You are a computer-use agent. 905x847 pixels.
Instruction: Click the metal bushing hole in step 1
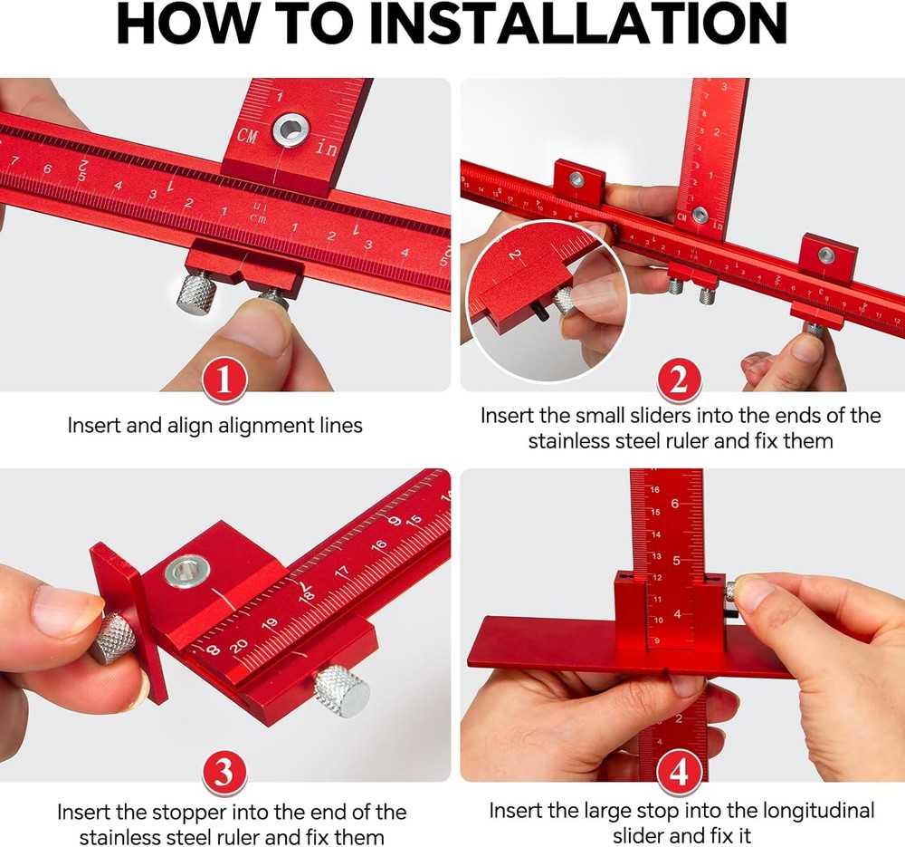291,130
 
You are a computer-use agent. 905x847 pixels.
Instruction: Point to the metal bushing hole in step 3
187,572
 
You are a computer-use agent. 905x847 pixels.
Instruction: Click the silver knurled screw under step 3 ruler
342,690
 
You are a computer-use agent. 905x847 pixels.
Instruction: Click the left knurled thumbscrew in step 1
195,294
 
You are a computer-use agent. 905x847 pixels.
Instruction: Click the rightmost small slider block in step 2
826,257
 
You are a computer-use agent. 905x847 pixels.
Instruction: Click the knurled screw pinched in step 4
732,591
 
